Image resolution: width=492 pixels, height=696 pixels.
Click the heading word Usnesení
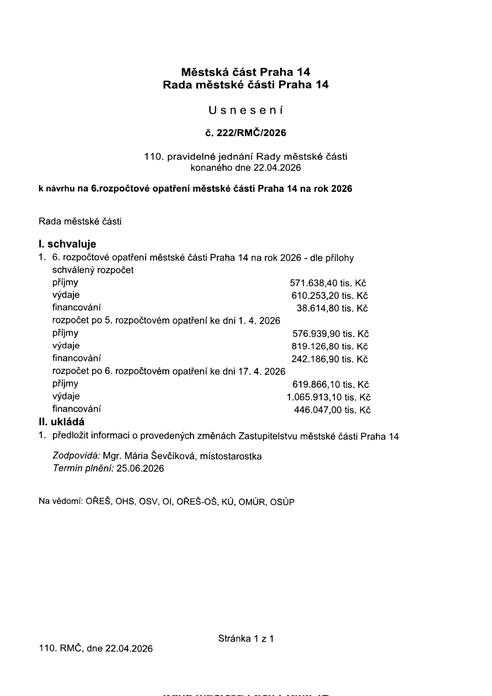[246, 111]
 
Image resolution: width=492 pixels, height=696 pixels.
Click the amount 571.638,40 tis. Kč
[328, 283]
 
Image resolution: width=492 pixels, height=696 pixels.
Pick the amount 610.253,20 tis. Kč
[329, 296]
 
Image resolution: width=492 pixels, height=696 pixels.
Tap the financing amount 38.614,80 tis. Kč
[332, 309]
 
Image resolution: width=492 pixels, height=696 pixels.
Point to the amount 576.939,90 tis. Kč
[331, 334]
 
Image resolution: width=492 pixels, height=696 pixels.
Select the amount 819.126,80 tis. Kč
[329, 347]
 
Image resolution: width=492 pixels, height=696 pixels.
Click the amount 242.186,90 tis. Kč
[329, 360]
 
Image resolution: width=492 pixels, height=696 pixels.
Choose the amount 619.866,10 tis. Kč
[331, 385]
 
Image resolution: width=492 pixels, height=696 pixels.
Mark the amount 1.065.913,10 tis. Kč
[329, 398]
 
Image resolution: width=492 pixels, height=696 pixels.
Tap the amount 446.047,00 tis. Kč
[332, 410]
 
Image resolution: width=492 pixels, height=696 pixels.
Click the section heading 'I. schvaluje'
[67, 244]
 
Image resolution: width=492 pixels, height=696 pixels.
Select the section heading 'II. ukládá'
[61, 422]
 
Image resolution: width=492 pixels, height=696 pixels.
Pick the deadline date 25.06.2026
[140, 469]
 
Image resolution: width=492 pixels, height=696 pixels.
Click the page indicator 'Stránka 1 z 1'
[246, 638]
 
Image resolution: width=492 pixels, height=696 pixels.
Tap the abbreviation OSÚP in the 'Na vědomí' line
[282, 502]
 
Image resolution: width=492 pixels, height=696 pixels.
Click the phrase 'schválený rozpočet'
[93, 271]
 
